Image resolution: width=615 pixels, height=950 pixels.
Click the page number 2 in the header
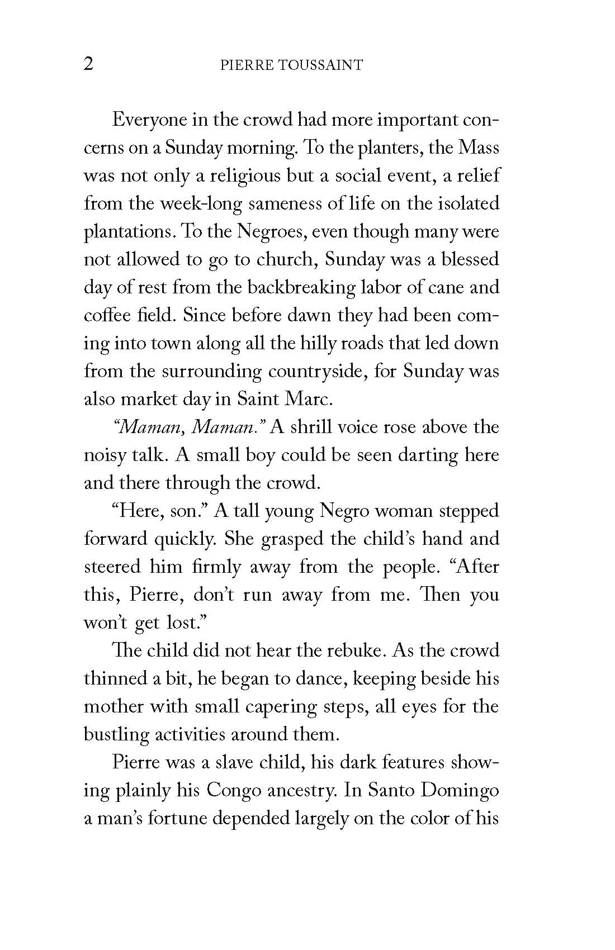pyautogui.click(x=88, y=64)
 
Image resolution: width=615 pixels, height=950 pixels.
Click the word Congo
pyautogui.click(x=233, y=791)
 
